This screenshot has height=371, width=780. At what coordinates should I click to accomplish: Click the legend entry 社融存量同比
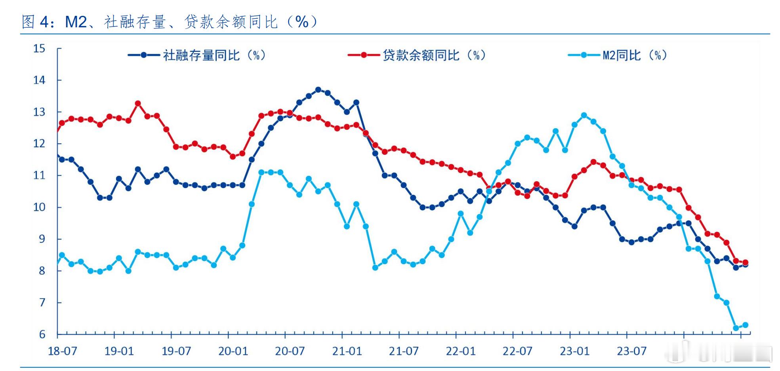[201, 55]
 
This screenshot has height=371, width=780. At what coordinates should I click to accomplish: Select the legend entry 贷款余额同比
[421, 55]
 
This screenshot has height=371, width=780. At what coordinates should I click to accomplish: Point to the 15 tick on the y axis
[39, 49]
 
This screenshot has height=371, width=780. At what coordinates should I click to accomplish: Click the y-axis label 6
[42, 335]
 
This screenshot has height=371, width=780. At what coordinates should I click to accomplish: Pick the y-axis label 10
[39, 207]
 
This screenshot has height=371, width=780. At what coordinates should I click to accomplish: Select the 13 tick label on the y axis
[39, 112]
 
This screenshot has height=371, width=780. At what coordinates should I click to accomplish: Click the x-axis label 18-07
[63, 351]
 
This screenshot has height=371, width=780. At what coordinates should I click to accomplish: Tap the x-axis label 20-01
[233, 351]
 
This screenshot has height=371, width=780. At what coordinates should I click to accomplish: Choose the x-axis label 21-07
[404, 351]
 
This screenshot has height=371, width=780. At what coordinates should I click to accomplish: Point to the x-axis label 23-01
[574, 351]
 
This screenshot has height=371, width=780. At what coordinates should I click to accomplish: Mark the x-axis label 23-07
[631, 351]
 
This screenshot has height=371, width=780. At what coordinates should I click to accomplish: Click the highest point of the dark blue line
[318, 90]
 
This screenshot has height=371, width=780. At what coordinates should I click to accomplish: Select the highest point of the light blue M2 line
[584, 115]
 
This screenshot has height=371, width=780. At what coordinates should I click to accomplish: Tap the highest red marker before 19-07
[138, 103]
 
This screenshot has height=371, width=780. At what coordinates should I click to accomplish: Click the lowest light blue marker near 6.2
[736, 328]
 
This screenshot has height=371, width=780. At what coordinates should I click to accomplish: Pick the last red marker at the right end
[745, 263]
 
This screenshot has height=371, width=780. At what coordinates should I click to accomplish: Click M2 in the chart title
[76, 22]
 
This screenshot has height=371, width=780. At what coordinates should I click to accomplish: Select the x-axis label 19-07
[176, 351]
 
